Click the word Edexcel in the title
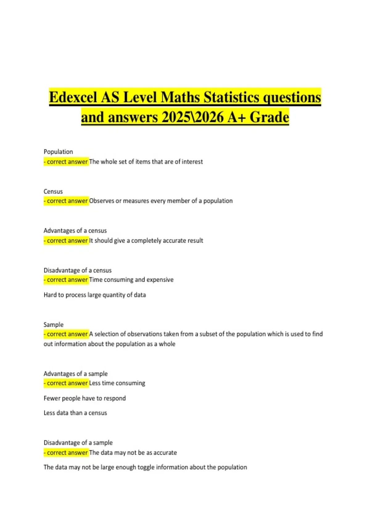coord(73,97)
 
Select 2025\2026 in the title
coord(192,117)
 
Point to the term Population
coord(58,152)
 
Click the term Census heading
coord(53,191)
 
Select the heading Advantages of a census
coord(75,231)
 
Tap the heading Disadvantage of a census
coord(77,270)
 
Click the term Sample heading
coord(53,325)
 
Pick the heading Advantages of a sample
coord(76,374)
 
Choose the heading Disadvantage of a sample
coord(78,443)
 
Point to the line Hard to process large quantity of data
coord(95,295)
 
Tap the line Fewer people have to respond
coord(84,398)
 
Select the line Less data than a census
coord(75,413)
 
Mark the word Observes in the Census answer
coord(101,201)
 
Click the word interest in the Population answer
coord(192,162)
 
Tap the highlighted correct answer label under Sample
coord(66,334)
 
